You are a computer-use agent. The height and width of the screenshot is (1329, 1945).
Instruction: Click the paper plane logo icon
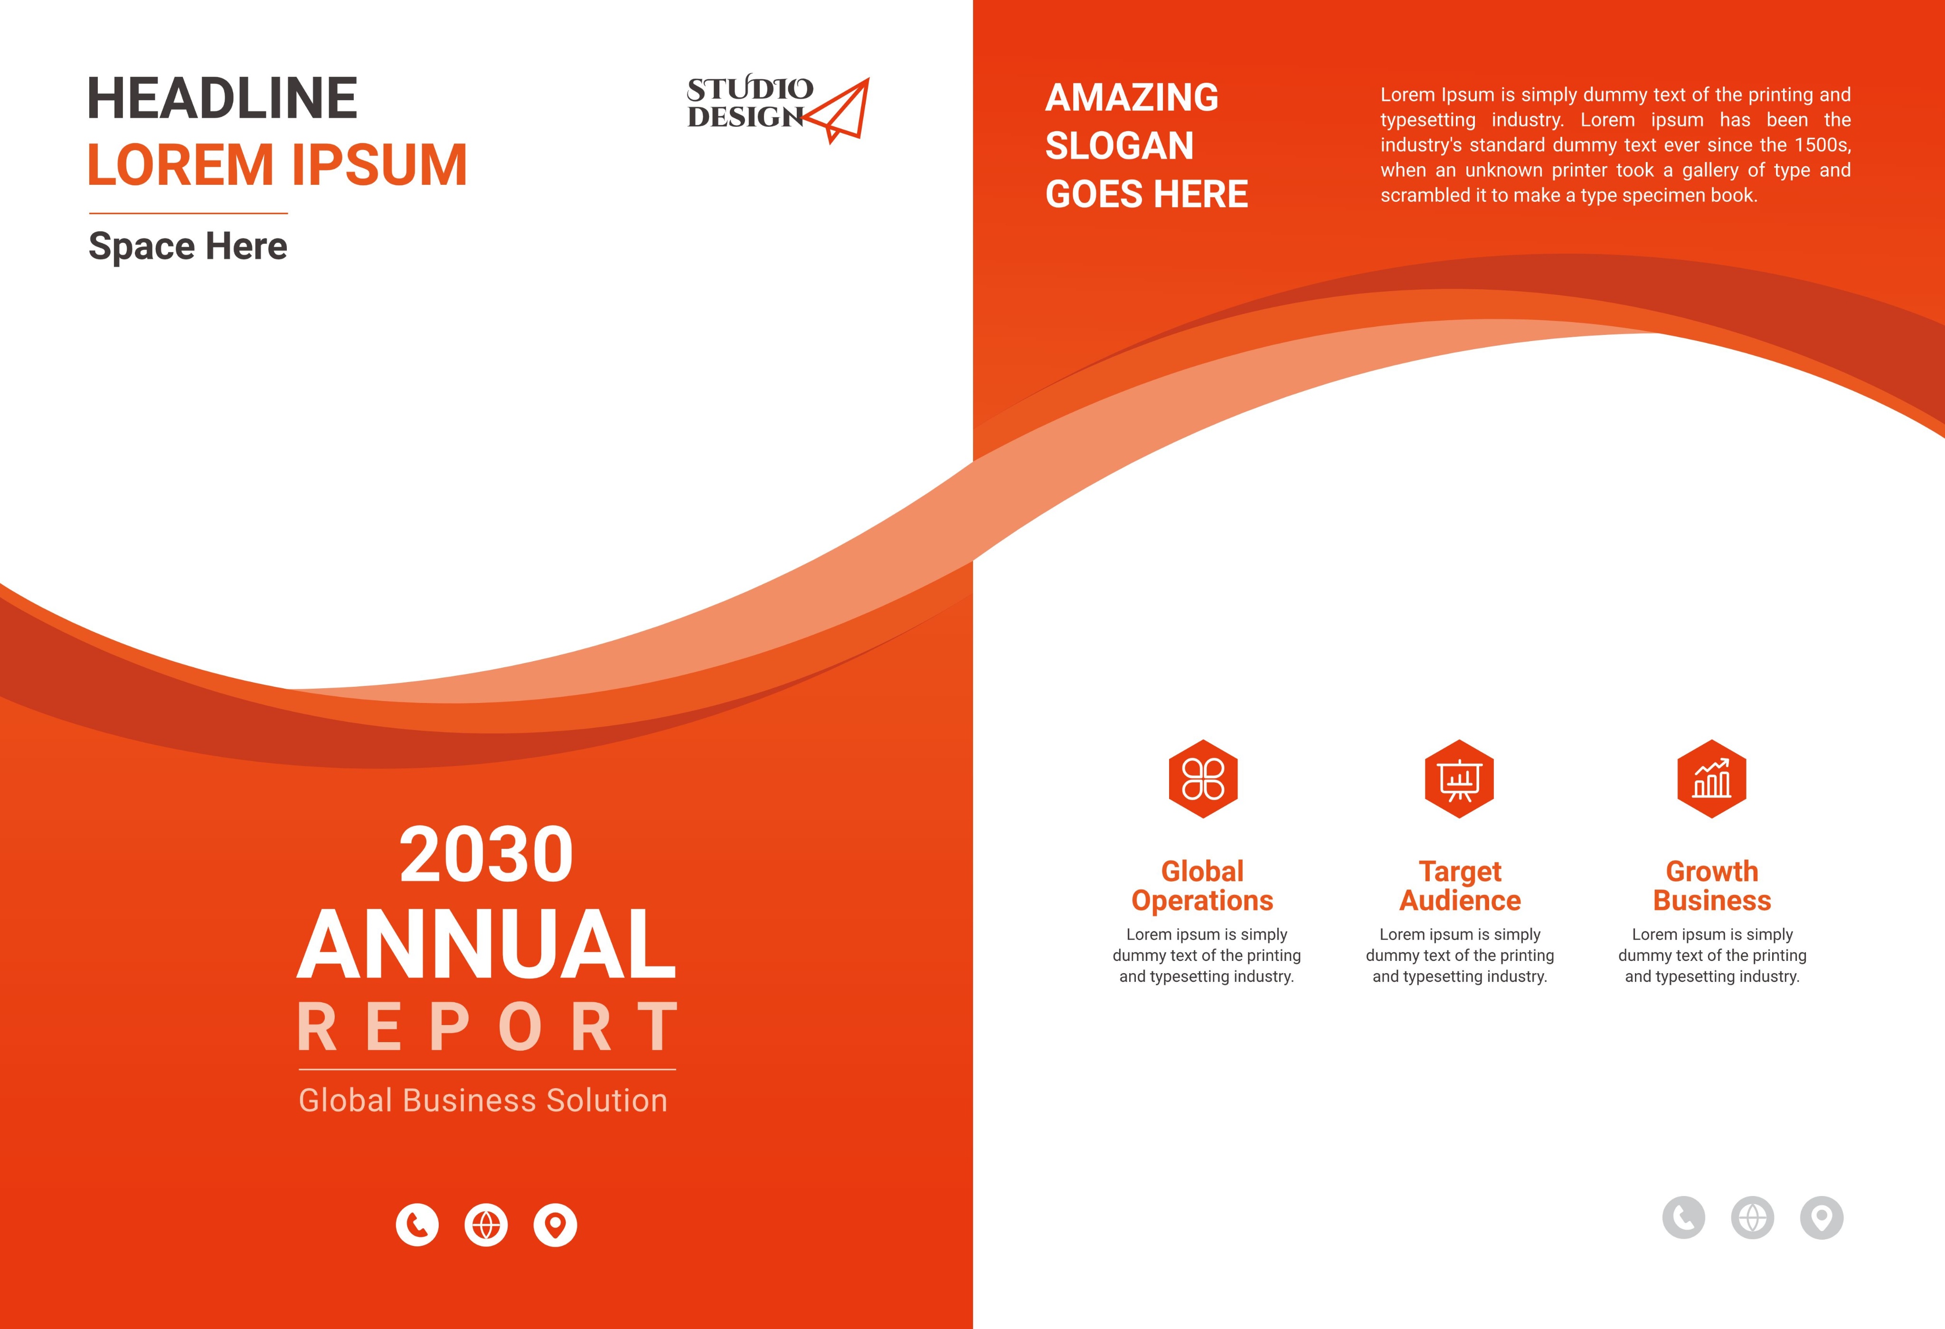pyautogui.click(x=836, y=111)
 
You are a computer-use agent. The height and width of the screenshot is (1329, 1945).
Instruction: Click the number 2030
pyautogui.click(x=486, y=854)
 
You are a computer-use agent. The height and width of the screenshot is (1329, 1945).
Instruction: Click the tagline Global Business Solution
pyautogui.click(x=483, y=1100)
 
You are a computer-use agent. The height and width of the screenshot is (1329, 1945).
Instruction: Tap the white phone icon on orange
pyautogui.click(x=417, y=1225)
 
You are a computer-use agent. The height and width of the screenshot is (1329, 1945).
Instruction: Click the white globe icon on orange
pyautogui.click(x=486, y=1225)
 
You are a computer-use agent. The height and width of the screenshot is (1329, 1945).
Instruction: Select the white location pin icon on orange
pyautogui.click(x=556, y=1225)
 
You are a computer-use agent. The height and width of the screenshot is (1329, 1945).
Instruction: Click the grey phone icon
pyautogui.click(x=1683, y=1218)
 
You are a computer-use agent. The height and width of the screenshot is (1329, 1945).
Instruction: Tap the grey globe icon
pyautogui.click(x=1753, y=1218)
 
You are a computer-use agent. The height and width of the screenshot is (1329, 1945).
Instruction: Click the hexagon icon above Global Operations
pyautogui.click(x=1203, y=779)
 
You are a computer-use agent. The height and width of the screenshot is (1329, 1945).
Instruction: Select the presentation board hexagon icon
pyautogui.click(x=1460, y=779)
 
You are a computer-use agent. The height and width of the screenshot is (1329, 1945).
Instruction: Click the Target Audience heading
pyautogui.click(x=1461, y=885)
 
